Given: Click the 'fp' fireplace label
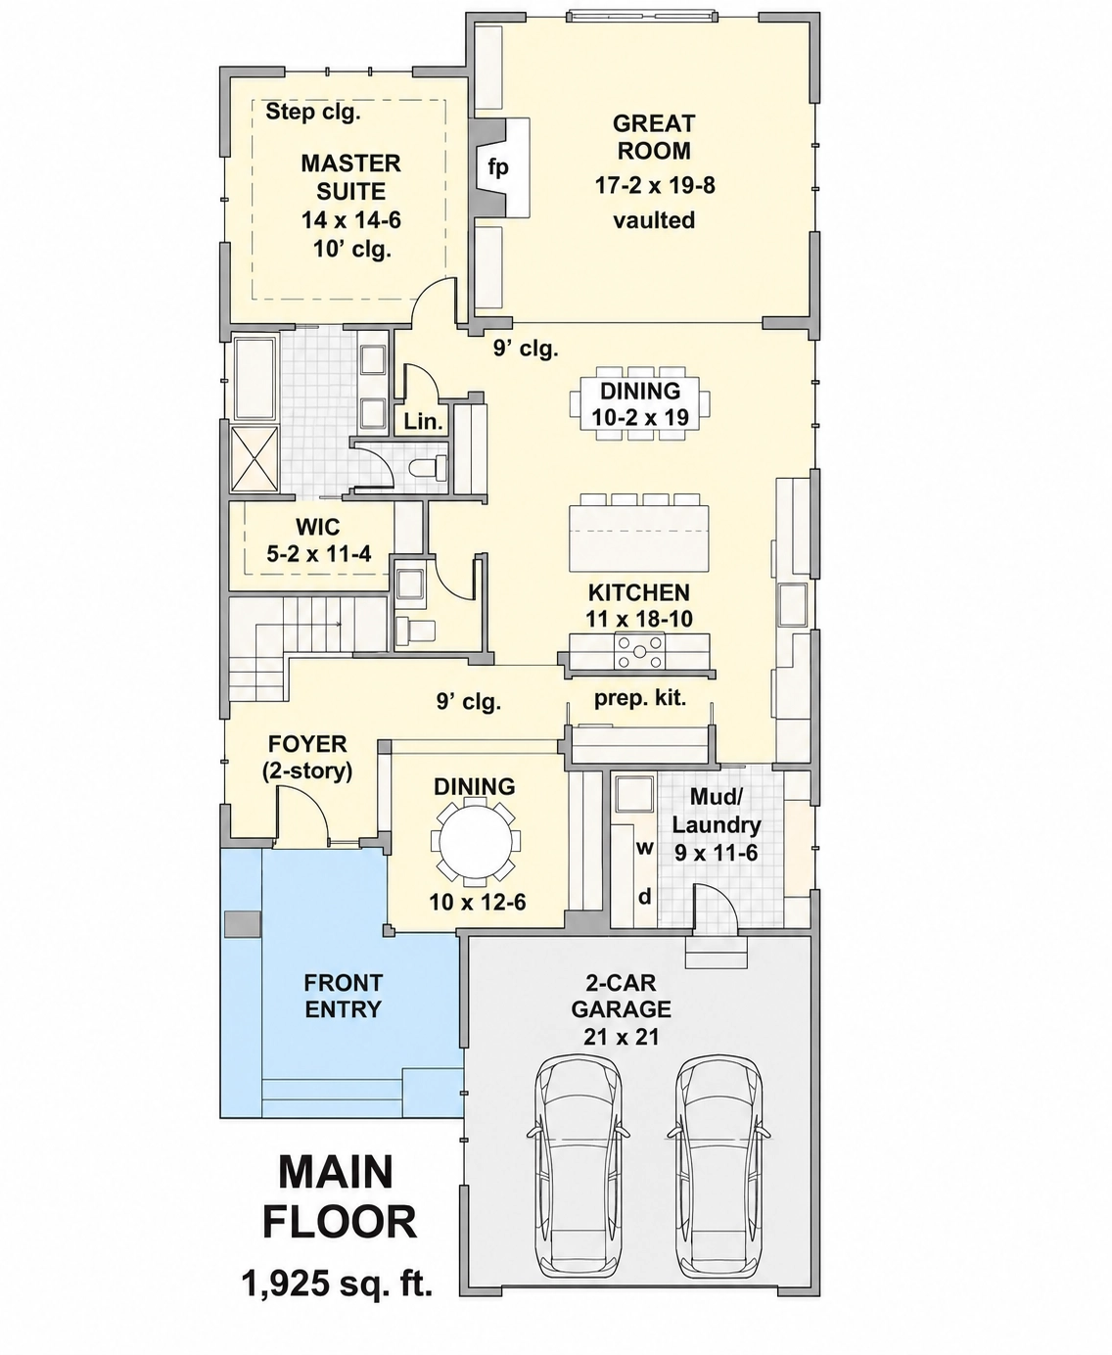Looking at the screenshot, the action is (x=498, y=167).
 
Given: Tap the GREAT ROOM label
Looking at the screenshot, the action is (x=653, y=137).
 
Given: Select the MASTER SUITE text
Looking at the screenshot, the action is (x=350, y=177).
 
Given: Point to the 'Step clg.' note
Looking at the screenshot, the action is (x=313, y=112).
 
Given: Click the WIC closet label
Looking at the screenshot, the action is (x=318, y=527).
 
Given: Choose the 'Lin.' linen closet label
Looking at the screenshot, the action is (x=423, y=421).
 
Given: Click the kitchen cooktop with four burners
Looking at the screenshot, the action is (x=639, y=651).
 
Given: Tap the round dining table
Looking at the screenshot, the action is (x=476, y=840).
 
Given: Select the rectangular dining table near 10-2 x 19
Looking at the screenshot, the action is (x=640, y=403).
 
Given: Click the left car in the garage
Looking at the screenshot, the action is (x=579, y=1154).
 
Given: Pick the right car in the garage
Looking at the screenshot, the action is (x=719, y=1154).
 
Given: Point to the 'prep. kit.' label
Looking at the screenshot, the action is (x=640, y=698).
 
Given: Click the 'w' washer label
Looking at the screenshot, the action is (x=644, y=848).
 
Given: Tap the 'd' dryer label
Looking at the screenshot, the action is (x=645, y=896).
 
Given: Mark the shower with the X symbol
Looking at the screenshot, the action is (x=255, y=459).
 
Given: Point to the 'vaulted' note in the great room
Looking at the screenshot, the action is (x=654, y=220).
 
